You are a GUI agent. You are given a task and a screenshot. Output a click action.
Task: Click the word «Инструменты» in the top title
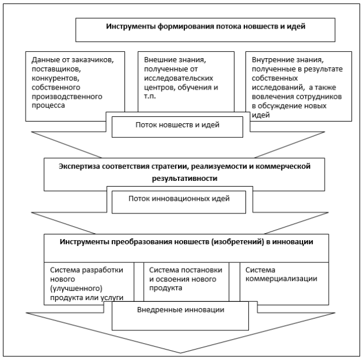click(x=131, y=27)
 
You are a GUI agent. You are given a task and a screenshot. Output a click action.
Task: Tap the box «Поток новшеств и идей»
click(x=177, y=127)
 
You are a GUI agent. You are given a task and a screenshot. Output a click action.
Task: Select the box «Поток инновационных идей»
click(x=179, y=202)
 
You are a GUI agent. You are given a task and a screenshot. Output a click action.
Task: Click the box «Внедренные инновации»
click(x=180, y=316)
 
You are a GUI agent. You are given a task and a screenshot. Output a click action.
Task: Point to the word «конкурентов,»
click(x=56, y=79)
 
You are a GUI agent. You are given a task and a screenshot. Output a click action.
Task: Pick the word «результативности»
click(x=184, y=179)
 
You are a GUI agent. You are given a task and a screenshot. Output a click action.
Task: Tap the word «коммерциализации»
click(x=282, y=279)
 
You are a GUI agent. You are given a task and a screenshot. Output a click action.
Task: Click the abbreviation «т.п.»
click(x=150, y=96)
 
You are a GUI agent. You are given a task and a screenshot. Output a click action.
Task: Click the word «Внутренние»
click(x=269, y=60)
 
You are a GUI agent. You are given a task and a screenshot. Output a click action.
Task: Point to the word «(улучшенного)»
click(x=76, y=288)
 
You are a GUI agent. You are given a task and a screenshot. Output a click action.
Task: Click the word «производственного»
click(x=67, y=97)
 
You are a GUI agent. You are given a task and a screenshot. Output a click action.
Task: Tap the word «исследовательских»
click(x=179, y=79)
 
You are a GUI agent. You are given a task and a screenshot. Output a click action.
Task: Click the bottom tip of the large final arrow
click(x=180, y=353)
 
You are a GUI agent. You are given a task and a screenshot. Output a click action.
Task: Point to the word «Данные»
click(x=45, y=60)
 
